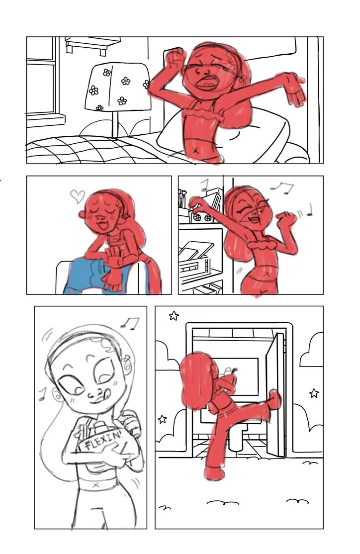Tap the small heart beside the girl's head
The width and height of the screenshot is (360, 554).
[78, 196]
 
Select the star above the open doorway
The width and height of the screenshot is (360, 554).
[174, 315]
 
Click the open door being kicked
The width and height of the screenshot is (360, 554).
[275, 394]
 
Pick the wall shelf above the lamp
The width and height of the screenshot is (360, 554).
[92, 45]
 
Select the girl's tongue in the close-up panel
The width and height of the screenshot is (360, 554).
[107, 393]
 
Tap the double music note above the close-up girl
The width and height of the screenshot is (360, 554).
[130, 323]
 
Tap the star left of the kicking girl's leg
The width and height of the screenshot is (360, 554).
[162, 419]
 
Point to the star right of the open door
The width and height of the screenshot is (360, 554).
[314, 393]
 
